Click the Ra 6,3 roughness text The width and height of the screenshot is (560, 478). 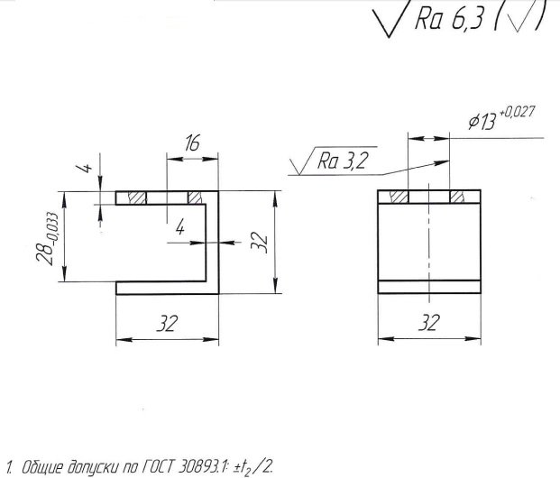click(450, 19)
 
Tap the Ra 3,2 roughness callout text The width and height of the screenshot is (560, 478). click(342, 161)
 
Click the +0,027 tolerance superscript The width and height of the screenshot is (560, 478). click(517, 113)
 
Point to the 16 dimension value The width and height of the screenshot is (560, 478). click(192, 142)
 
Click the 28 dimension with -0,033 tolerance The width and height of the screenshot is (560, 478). click(48, 238)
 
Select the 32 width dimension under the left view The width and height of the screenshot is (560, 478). click(167, 324)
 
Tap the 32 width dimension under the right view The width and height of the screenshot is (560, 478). click(428, 323)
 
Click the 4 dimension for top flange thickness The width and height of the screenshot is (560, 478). click(86, 167)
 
